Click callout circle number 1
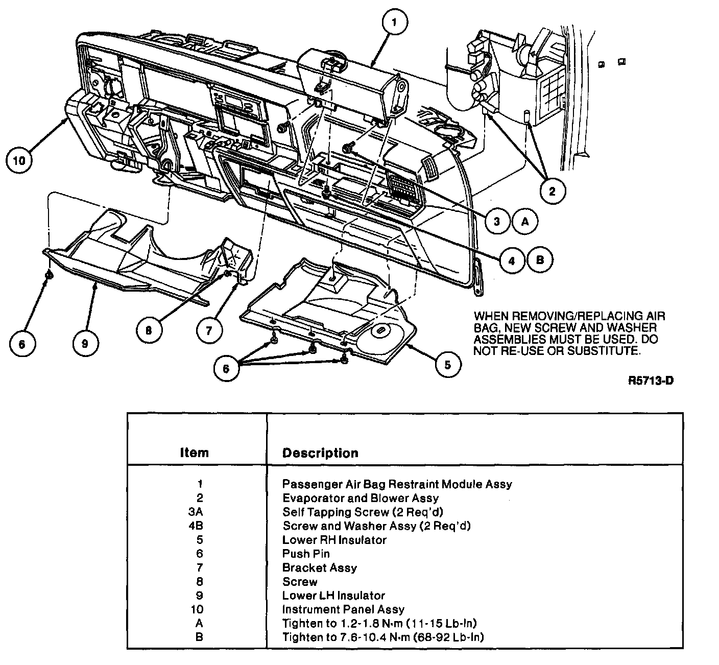point(397,22)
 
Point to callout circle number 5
point(447,365)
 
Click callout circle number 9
point(85,343)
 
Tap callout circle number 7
point(209,330)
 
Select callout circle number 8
point(149,330)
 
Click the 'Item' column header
point(194,453)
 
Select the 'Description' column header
point(320,453)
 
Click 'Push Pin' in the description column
point(306,554)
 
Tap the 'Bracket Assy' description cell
point(319,567)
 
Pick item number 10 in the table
point(197,609)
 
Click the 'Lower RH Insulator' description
point(334,540)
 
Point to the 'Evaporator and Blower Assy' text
point(360,498)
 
